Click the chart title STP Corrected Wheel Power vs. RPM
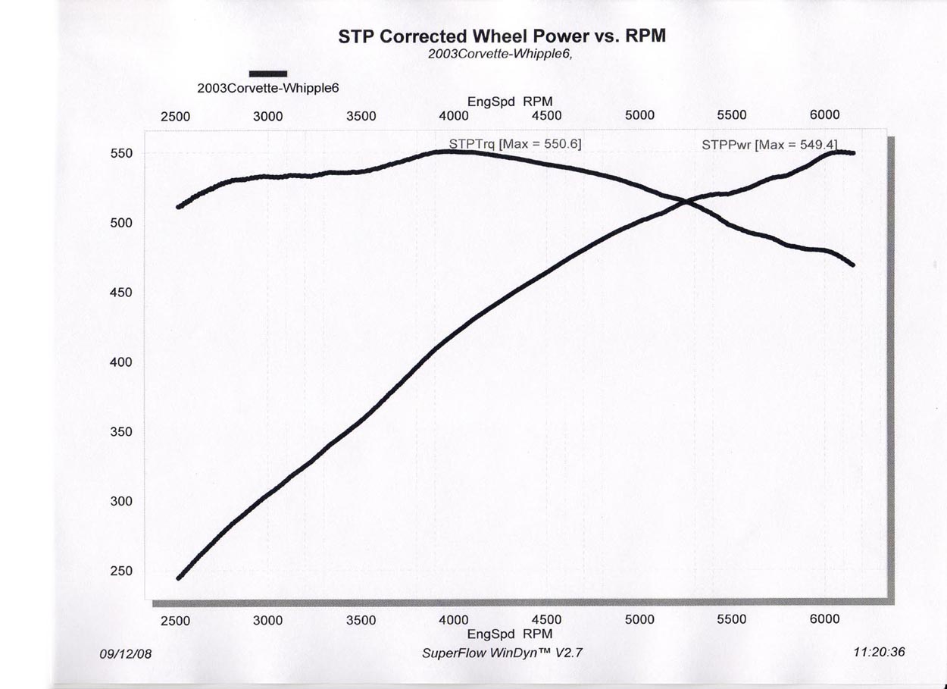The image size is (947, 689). pyautogui.click(x=502, y=36)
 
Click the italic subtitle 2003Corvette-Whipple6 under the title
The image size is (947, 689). pyautogui.click(x=499, y=55)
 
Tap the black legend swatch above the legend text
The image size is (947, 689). pyautogui.click(x=268, y=74)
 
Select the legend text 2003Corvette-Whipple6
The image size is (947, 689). pyautogui.click(x=267, y=88)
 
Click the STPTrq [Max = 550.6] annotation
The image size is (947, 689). pyautogui.click(x=515, y=143)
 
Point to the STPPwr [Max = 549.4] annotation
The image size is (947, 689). pyautogui.click(x=769, y=143)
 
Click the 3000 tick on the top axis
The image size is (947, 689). pyautogui.click(x=267, y=116)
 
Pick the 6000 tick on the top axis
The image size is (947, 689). pyautogui.click(x=824, y=115)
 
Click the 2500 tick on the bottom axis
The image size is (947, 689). pyautogui.click(x=175, y=621)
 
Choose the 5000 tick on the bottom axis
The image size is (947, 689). pyautogui.click(x=639, y=620)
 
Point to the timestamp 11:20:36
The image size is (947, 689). pyautogui.click(x=879, y=652)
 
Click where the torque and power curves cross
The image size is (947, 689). pyautogui.click(x=686, y=202)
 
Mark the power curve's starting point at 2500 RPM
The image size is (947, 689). pyautogui.click(x=179, y=578)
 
